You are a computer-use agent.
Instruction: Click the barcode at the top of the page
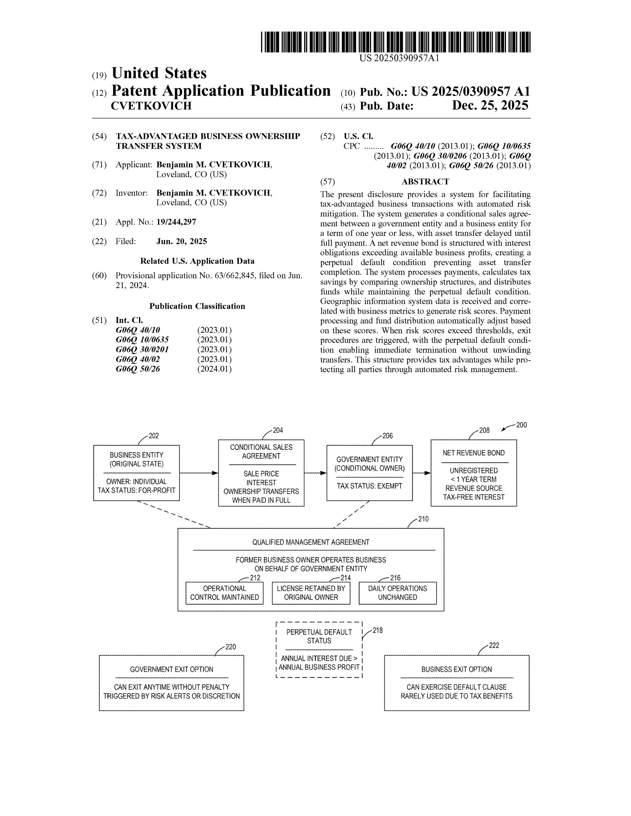click(x=395, y=42)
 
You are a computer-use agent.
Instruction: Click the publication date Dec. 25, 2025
click(x=490, y=106)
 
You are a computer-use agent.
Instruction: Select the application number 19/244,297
click(x=176, y=222)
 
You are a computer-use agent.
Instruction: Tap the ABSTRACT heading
click(x=425, y=182)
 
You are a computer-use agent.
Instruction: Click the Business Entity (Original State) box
click(x=136, y=473)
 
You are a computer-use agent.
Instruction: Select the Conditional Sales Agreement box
click(x=261, y=473)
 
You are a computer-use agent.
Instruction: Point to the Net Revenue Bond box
click(x=473, y=473)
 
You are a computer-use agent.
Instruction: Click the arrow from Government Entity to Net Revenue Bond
click(x=421, y=473)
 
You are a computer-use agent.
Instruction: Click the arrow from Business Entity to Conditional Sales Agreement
click(x=199, y=473)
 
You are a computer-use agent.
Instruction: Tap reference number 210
click(x=423, y=519)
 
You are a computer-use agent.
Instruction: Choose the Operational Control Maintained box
click(x=224, y=593)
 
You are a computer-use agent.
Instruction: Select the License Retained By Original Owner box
click(x=311, y=593)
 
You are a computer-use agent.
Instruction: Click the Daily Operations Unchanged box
click(x=397, y=593)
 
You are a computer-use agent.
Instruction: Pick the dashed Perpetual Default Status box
click(x=319, y=649)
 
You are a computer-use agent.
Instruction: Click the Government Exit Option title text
click(x=171, y=669)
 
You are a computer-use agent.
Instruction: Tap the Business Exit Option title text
click(x=456, y=669)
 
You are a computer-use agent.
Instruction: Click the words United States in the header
click(x=159, y=73)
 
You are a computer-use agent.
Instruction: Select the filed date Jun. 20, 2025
click(x=181, y=241)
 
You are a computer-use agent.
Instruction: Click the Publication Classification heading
click(x=197, y=306)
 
